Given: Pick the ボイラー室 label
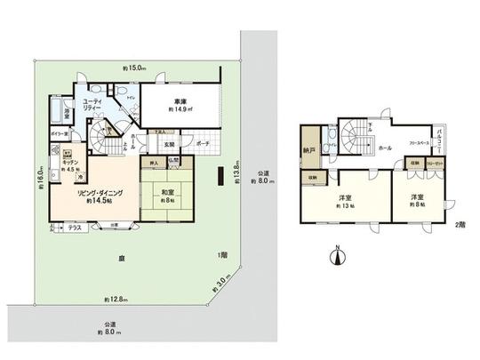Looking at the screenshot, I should click(60, 133).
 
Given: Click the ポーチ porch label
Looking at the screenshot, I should click(203, 141).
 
